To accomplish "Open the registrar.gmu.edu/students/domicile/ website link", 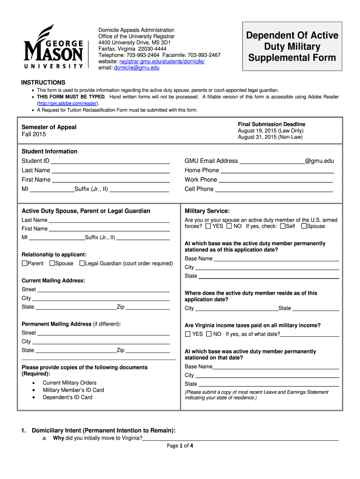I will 162,61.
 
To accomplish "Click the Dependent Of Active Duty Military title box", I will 292,47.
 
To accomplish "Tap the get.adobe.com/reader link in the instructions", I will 67,103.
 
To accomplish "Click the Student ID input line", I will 110,161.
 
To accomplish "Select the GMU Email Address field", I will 272,161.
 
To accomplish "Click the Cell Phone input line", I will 274,189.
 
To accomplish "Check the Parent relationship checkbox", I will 25,264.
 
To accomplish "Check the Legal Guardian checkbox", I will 82,264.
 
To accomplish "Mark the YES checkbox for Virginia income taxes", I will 188,334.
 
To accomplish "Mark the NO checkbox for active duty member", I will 229,226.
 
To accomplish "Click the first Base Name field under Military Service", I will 276,259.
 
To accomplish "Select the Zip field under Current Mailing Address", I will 147,307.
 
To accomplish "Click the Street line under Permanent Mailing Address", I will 103,334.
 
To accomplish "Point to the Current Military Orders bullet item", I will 69,383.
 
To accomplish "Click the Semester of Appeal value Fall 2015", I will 34,134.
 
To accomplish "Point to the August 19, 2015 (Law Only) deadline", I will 270,131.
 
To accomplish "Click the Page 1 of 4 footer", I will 180,445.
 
